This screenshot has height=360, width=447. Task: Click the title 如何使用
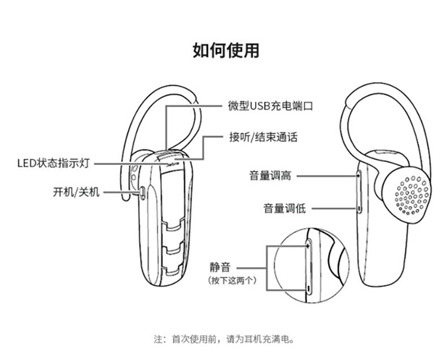[226, 51]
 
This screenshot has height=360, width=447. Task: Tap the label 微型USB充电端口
[271, 105]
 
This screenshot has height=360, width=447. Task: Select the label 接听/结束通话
[263, 138]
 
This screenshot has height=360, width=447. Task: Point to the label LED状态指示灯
[54, 164]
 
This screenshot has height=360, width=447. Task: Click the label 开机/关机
[76, 192]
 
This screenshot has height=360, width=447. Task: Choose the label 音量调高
[270, 176]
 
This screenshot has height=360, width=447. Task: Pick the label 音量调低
[284, 209]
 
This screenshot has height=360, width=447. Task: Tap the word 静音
[220, 268]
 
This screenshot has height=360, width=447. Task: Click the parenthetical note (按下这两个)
[232, 281]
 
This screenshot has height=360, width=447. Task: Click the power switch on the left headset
[142, 193]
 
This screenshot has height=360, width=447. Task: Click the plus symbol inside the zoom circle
[308, 246]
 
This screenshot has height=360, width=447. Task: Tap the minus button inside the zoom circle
[309, 288]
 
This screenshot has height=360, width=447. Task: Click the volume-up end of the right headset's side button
[359, 175]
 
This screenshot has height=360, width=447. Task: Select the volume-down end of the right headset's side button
[359, 209]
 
